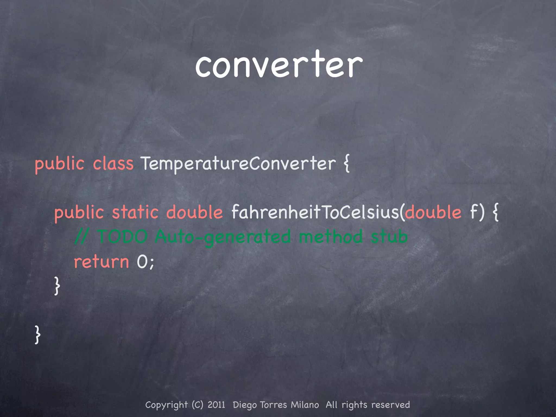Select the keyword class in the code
[113, 164]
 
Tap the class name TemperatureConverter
[238, 164]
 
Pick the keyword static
[135, 212]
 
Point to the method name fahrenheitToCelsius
[315, 212]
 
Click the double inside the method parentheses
[433, 212]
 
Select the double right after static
[194, 212]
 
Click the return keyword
[101, 262]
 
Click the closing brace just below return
[57, 286]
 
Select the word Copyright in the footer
[166, 405]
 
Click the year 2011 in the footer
[216, 405]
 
